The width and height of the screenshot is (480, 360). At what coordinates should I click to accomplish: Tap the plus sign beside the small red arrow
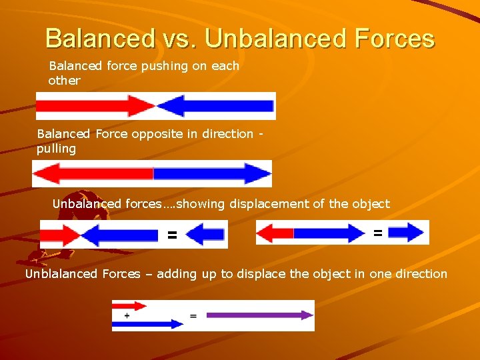[x=127, y=315]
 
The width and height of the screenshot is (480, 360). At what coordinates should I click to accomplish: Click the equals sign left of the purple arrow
[x=193, y=315]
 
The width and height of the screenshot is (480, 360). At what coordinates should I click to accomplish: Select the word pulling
[x=56, y=149]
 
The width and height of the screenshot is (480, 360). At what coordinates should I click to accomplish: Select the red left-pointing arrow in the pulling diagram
[x=93, y=174]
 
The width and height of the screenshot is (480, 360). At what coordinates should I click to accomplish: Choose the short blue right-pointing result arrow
[x=406, y=233]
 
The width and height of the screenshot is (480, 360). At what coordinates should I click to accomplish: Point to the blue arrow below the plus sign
[x=147, y=324]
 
